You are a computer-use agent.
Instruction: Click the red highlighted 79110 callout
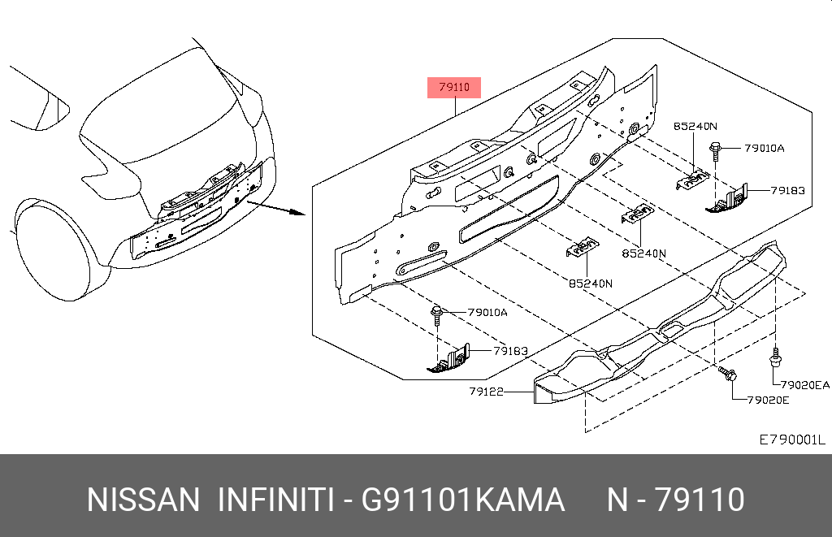click(x=454, y=87)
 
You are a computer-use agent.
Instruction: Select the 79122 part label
click(x=487, y=391)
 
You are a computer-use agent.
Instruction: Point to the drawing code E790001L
click(x=791, y=440)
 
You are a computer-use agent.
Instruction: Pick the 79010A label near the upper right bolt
click(x=765, y=148)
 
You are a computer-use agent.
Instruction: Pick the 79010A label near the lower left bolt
click(x=487, y=312)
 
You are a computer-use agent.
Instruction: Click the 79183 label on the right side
click(x=787, y=190)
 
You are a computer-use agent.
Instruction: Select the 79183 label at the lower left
click(x=510, y=351)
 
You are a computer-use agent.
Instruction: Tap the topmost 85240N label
click(x=695, y=126)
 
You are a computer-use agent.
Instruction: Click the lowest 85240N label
click(x=590, y=284)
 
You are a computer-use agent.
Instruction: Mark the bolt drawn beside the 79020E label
click(x=727, y=375)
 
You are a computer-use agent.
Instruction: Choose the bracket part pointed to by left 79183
click(x=449, y=360)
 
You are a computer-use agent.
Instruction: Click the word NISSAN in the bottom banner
click(x=142, y=500)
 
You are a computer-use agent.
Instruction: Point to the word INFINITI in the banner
click(x=276, y=500)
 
